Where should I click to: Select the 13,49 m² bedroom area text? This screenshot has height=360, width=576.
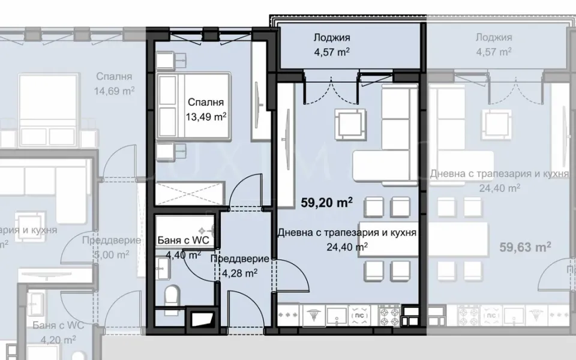(206, 116)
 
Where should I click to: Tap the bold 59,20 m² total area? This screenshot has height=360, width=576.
(325, 203)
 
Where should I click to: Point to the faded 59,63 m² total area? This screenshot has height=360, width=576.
(526, 246)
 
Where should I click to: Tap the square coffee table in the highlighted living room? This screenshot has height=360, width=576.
(349, 124)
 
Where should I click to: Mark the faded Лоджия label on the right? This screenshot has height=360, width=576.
(494, 38)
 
